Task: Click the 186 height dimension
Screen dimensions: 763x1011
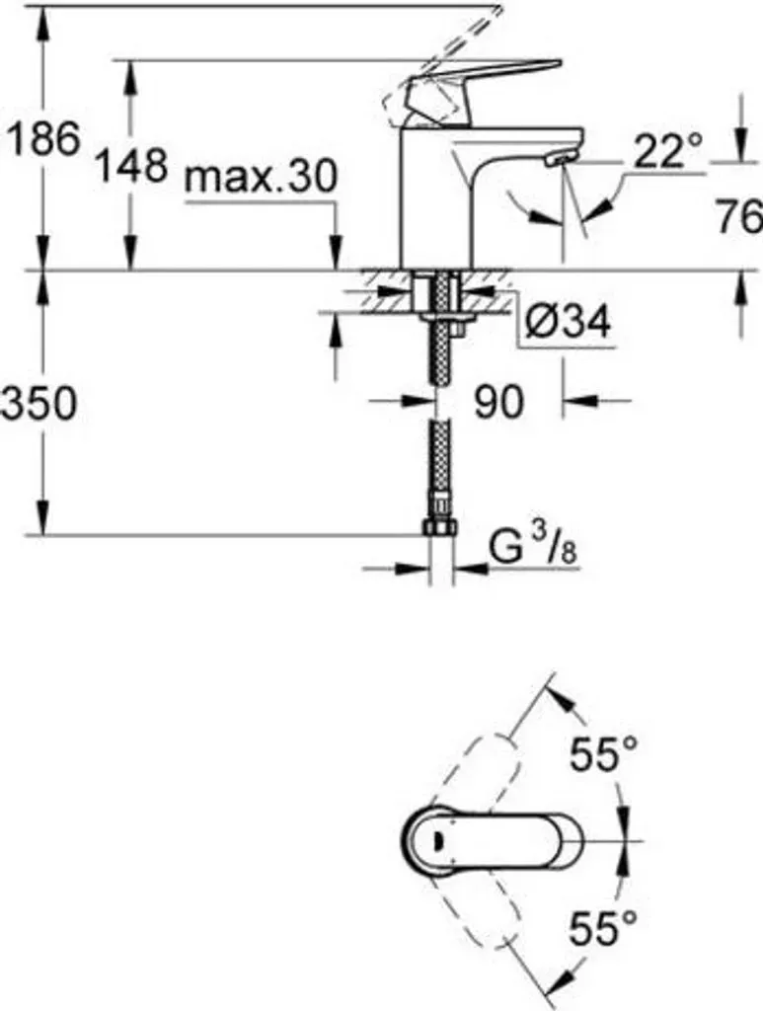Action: (x=43, y=137)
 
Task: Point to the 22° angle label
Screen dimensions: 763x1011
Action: (x=667, y=151)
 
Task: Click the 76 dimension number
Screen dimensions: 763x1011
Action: (x=739, y=216)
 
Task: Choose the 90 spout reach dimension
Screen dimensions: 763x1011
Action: (x=498, y=403)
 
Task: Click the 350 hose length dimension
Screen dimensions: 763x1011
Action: (x=38, y=404)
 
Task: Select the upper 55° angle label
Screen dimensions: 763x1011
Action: (x=603, y=753)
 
